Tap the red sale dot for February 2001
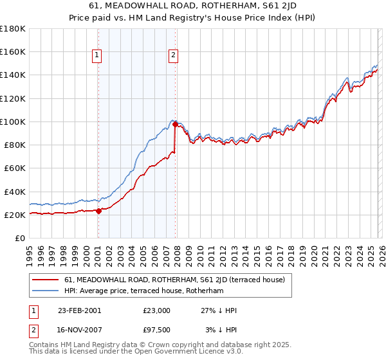tap(98, 211)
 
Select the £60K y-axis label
tap(15, 168)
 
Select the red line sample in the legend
tap(46, 280)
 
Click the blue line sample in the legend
tap(46, 291)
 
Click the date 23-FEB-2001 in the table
tap(78, 310)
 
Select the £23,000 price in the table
tap(156, 310)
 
